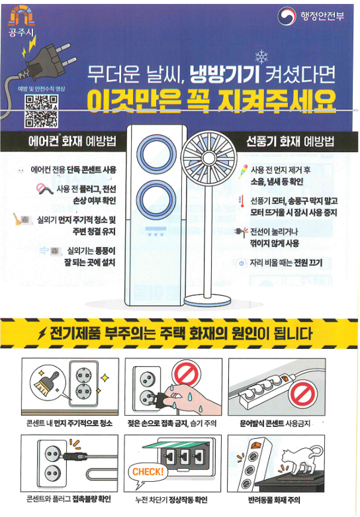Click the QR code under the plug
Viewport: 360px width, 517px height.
42,111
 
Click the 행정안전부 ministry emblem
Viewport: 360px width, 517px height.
286,16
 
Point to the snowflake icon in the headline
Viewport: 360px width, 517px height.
262,57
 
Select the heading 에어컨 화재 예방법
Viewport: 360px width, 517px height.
73,142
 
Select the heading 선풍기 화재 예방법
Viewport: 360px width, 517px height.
290,142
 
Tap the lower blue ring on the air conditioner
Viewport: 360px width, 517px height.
156,200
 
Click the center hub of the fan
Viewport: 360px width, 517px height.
209,157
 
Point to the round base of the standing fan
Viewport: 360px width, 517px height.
207,301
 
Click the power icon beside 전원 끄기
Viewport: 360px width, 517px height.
242,263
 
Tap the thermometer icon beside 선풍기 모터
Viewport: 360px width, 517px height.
242,201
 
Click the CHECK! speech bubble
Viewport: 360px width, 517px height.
148,472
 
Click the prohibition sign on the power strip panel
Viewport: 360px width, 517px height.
302,395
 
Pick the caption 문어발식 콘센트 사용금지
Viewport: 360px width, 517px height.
275,423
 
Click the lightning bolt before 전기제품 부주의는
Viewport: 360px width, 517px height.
42,334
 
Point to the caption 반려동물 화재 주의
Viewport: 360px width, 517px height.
274,500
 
